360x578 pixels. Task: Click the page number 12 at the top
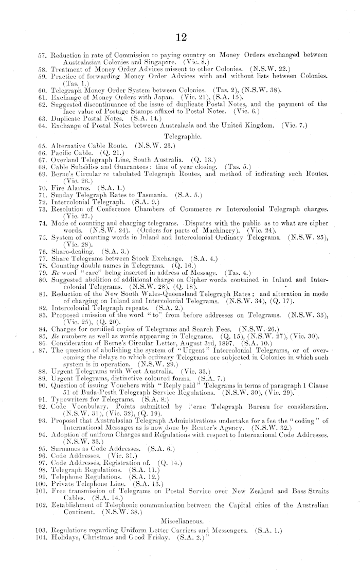[179, 38]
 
